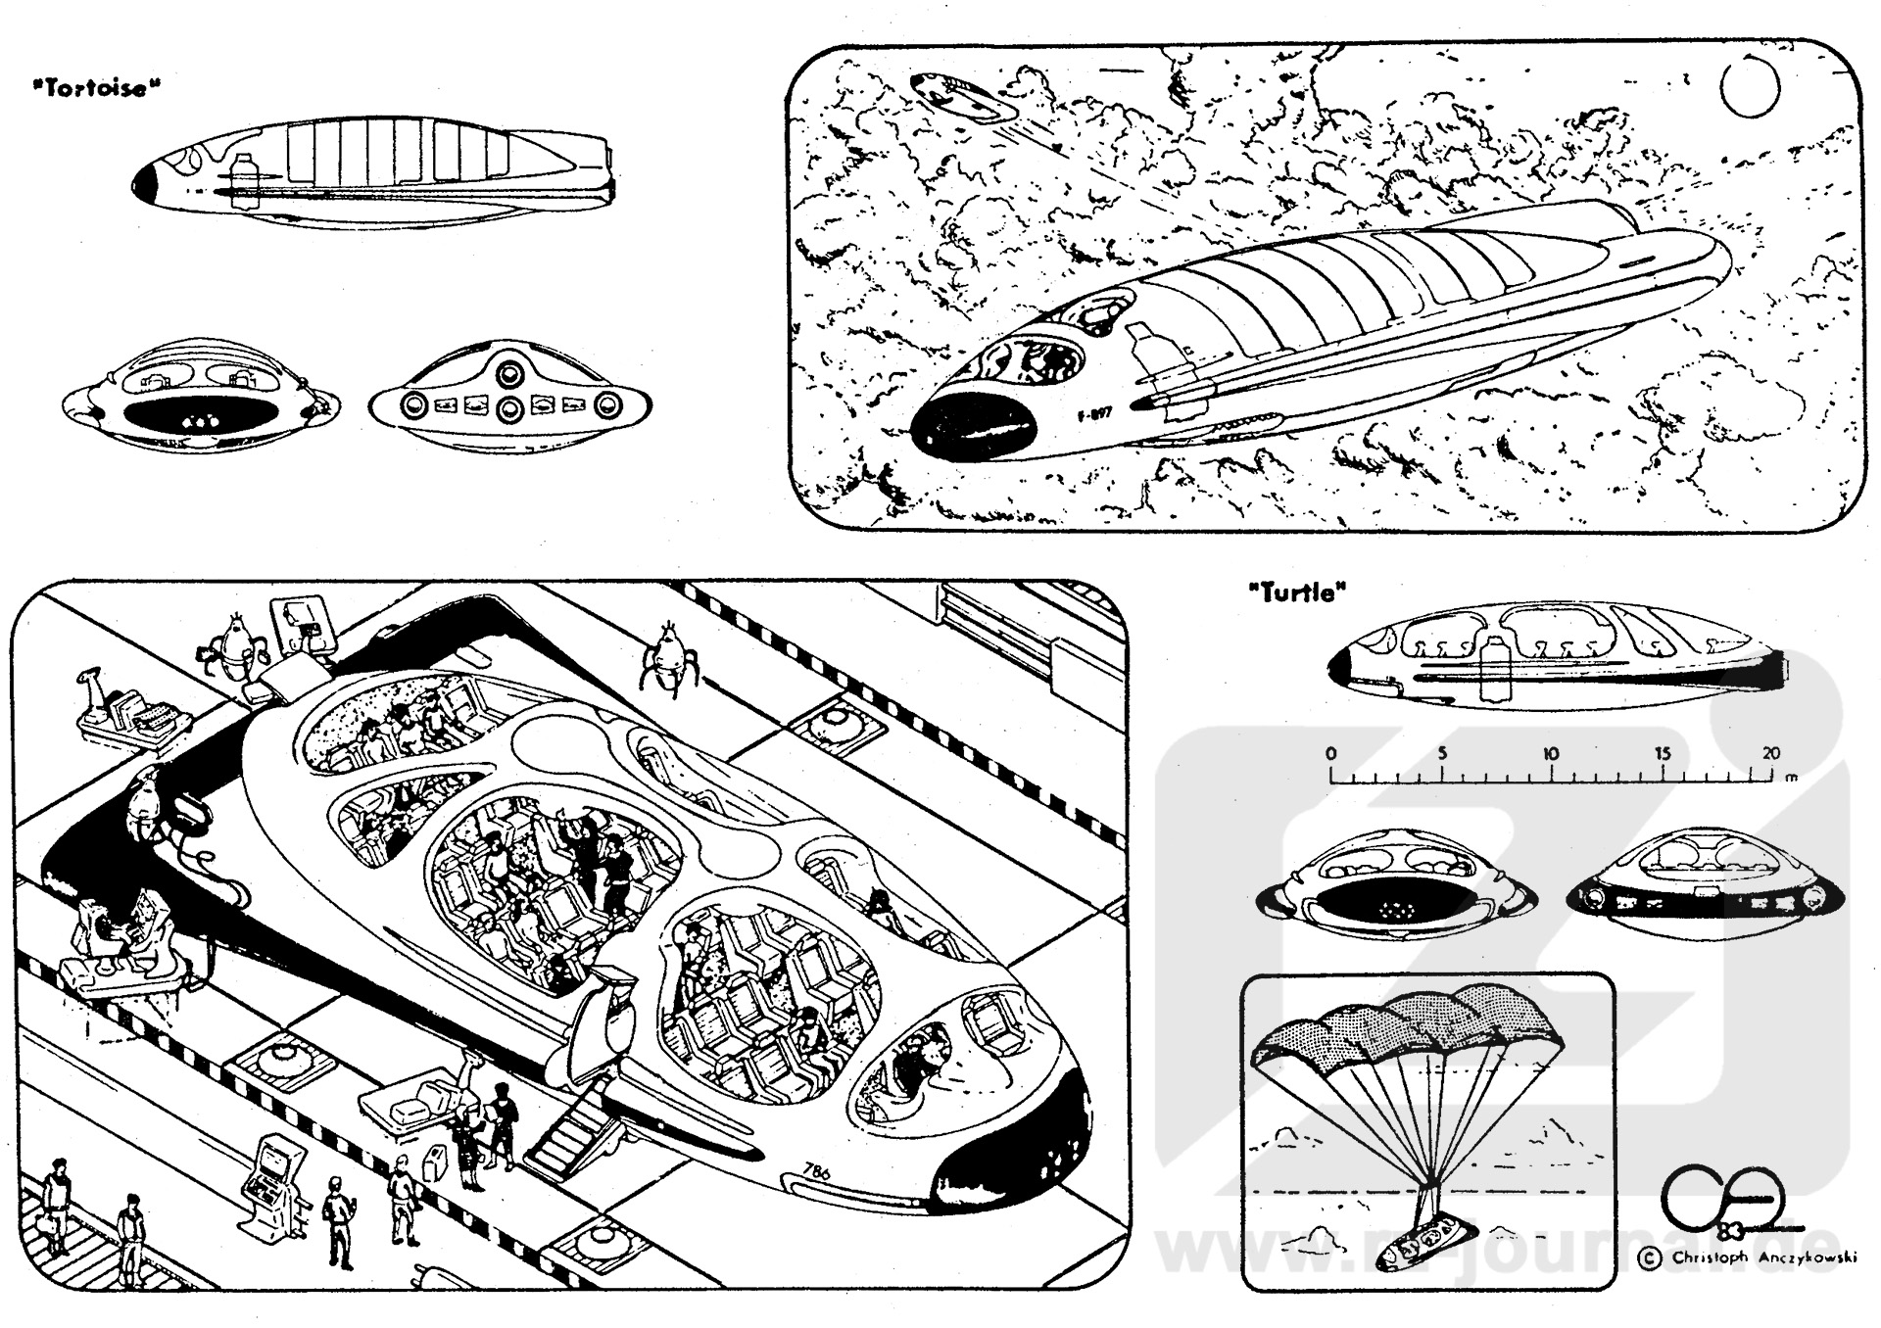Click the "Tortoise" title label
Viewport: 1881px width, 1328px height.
(95, 88)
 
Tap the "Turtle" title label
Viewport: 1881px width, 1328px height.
(1297, 592)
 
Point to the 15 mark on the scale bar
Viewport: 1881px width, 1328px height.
(1663, 754)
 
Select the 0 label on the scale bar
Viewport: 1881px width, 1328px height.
(1330, 754)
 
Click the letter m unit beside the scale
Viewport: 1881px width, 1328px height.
(1792, 779)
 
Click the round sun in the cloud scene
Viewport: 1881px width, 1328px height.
(1750, 85)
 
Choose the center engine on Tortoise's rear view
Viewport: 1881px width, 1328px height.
(508, 408)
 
